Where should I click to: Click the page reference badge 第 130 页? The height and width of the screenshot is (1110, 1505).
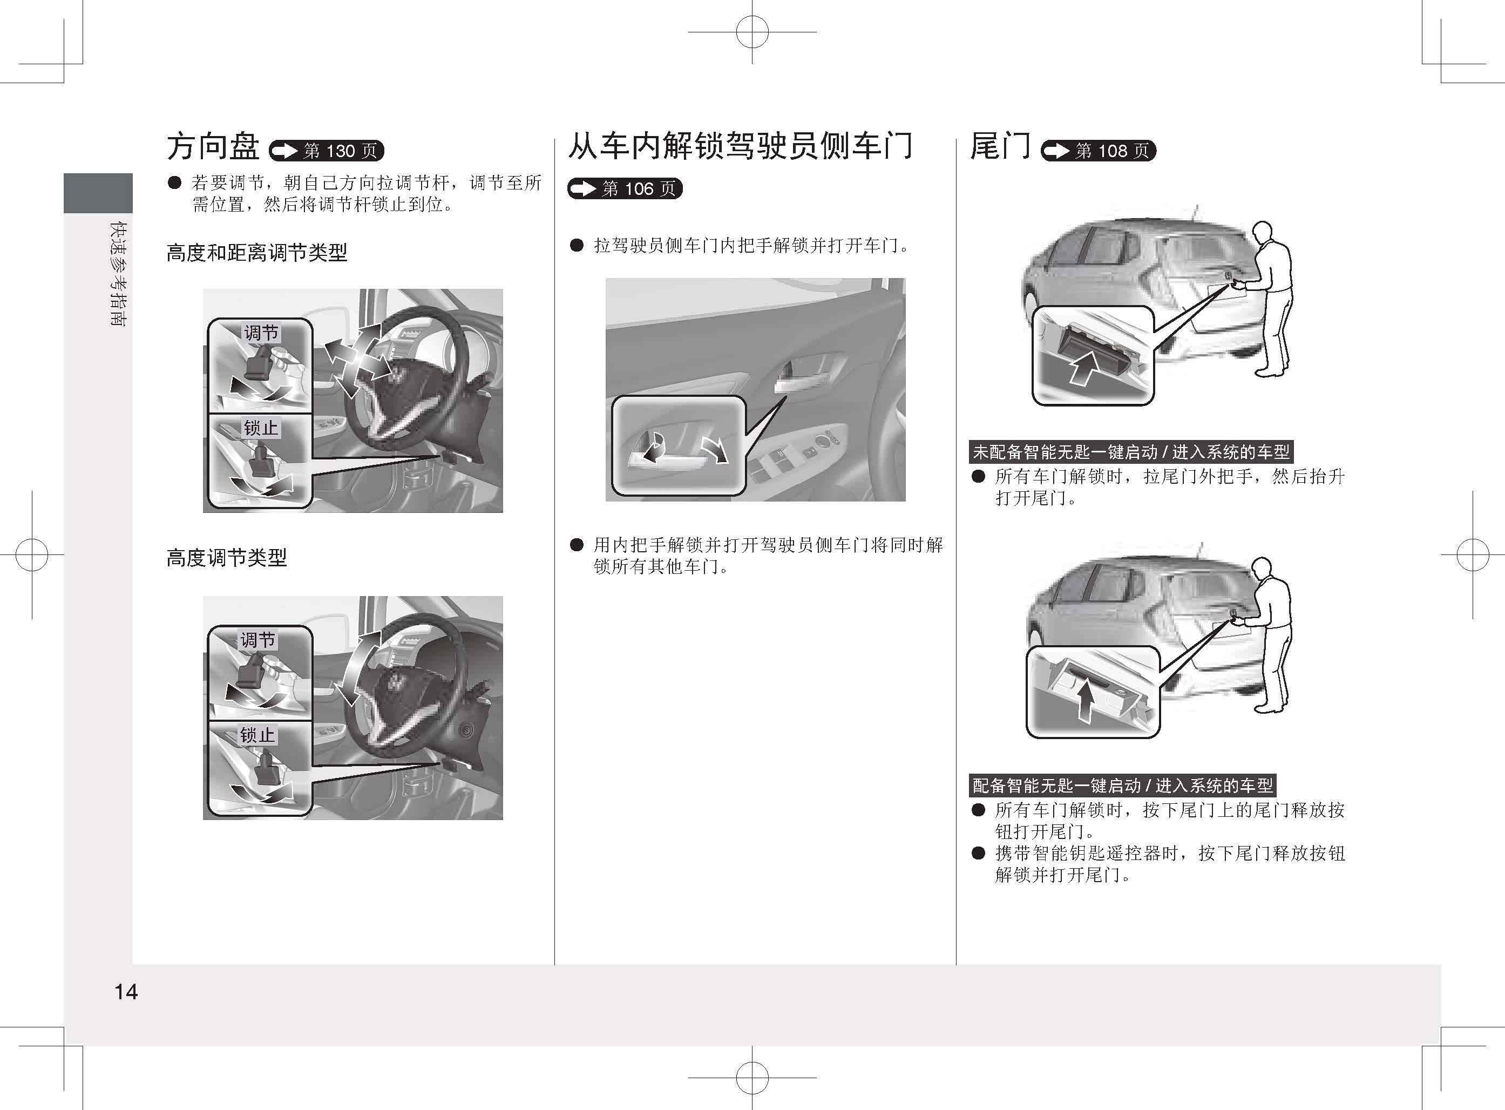coord(327,151)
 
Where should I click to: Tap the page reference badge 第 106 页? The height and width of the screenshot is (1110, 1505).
coord(625,189)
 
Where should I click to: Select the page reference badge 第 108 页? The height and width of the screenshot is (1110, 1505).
coord(1099,151)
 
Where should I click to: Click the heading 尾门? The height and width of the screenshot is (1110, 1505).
coord(1000,146)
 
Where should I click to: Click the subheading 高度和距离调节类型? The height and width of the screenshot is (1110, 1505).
coord(256,253)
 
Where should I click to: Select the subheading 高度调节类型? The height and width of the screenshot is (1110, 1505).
coord(226,557)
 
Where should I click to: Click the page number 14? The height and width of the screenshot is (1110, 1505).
coord(126,992)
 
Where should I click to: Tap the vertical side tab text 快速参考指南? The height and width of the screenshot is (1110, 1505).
coord(119,274)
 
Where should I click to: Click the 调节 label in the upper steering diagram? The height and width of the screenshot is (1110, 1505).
coord(261,333)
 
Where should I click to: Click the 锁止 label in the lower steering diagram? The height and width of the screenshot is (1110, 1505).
coord(258,735)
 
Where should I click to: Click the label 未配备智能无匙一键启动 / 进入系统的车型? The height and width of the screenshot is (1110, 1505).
coord(1131,451)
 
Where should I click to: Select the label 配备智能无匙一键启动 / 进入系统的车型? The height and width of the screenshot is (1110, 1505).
coord(1123,785)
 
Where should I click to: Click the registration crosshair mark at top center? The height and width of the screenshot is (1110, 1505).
coord(752,31)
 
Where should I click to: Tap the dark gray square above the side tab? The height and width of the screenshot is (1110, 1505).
coord(98,193)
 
